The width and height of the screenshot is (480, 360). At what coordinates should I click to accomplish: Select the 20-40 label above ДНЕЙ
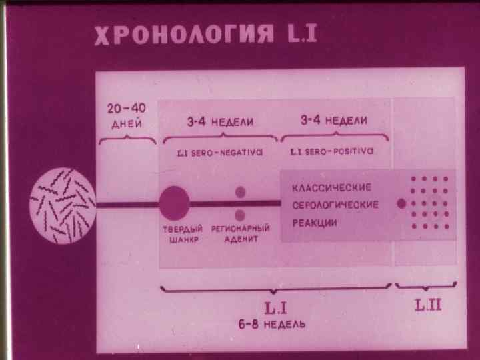coord(127,109)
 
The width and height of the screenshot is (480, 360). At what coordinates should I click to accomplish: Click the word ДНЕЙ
coord(126,124)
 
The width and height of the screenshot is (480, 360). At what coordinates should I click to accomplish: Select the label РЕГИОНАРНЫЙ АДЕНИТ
coord(240,234)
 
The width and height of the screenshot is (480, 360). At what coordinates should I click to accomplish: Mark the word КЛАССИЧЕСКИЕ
coord(333,187)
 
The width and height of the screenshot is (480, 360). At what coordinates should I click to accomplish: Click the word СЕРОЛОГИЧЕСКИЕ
coord(336,205)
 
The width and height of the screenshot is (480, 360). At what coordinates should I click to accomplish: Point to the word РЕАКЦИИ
coord(313,222)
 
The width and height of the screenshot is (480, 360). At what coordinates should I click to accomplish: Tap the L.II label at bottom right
coord(427,307)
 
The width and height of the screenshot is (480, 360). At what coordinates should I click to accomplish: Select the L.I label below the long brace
coord(275,308)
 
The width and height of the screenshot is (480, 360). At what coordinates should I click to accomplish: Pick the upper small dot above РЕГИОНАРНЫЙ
coord(240,192)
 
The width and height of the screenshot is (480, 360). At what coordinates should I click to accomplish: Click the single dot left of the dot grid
coord(401,204)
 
